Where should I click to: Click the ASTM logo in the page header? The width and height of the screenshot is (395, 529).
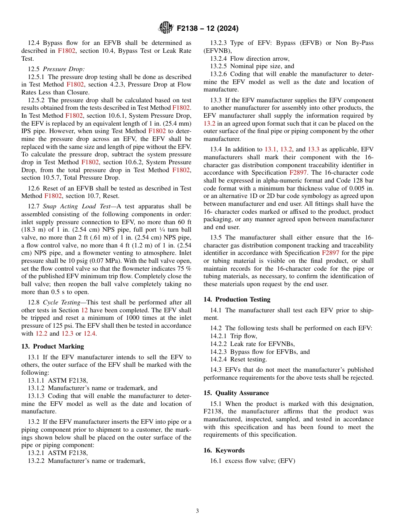pos(165,28)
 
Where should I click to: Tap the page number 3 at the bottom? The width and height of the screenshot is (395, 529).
pos(197,511)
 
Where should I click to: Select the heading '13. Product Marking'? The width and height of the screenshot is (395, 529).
pos(52,346)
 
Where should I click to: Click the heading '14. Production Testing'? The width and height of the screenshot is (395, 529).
pos(237,299)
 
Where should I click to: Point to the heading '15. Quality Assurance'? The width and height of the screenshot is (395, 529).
pos(236,393)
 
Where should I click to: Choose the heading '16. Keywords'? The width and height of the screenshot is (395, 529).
pos(224,450)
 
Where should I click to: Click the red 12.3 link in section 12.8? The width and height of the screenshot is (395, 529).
pos(67,333)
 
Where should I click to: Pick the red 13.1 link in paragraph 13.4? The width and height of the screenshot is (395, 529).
pos(270,149)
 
